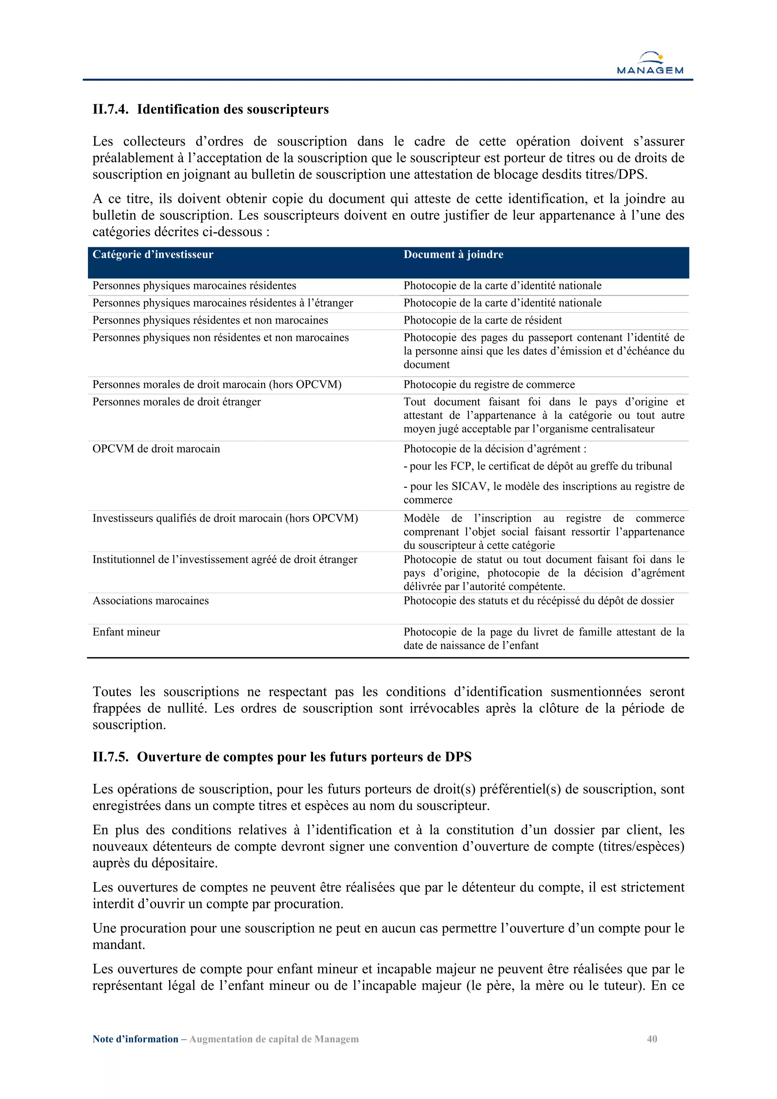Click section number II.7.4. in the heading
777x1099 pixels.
110,110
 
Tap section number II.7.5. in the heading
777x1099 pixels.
110,757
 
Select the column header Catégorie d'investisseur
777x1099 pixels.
153,255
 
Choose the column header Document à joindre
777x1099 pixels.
453,255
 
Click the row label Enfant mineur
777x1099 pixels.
126,632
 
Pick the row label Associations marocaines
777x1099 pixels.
150,601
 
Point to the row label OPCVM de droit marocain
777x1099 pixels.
156,449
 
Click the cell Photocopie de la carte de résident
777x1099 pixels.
482,320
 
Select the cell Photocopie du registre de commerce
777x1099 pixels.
489,384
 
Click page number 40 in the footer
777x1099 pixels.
651,1039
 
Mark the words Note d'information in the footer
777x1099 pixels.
135,1039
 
